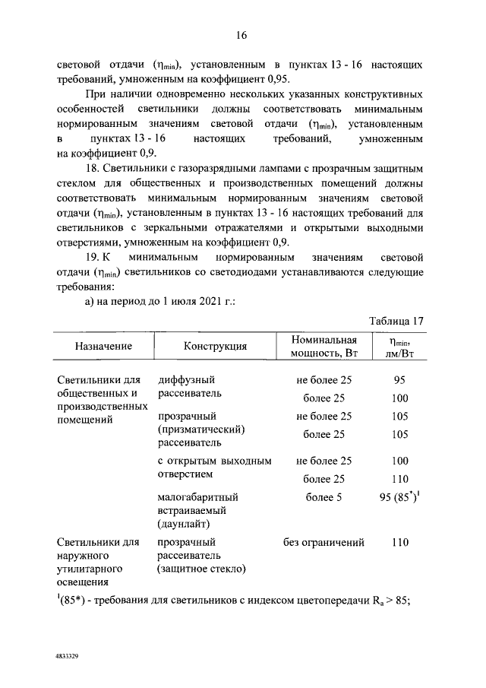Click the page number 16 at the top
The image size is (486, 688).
point(243,36)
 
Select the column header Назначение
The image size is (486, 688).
point(103,346)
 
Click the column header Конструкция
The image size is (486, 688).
point(216,346)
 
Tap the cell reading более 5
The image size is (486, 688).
point(324,498)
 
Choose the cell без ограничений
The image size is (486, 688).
point(324,543)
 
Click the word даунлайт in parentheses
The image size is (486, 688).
point(184,525)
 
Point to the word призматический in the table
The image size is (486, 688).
point(201,430)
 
